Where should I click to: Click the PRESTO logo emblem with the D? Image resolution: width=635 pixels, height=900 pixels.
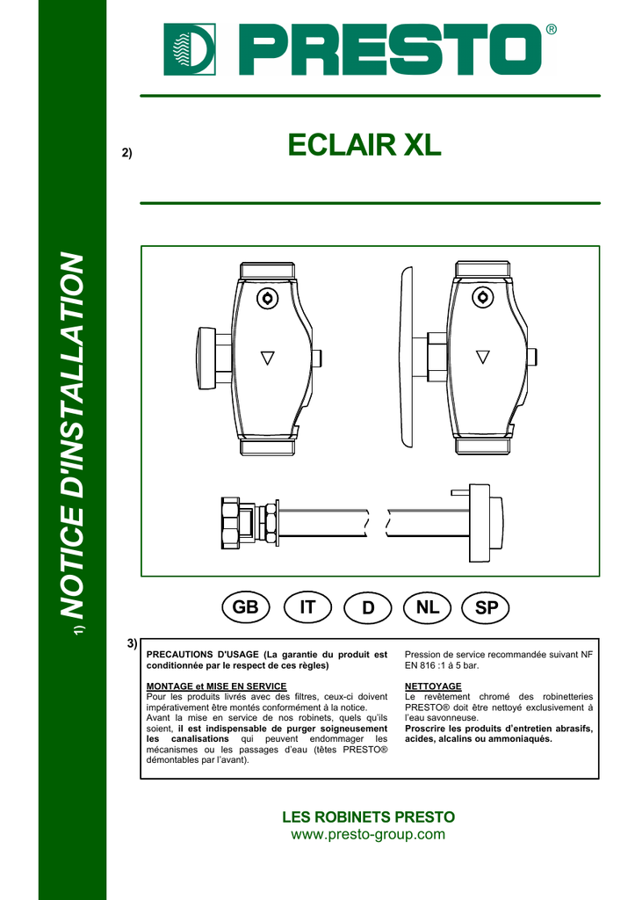(190, 49)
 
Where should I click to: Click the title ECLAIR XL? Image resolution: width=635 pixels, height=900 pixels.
(364, 145)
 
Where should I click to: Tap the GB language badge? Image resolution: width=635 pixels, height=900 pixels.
(246, 607)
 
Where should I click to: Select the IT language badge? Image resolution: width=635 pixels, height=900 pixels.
(307, 607)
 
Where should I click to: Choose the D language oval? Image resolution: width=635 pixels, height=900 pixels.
(368, 607)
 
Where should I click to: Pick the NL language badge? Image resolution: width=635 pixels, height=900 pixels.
(428, 607)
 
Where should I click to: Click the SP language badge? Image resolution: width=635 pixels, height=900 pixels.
(486, 607)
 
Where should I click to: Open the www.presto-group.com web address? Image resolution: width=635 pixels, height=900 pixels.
(368, 834)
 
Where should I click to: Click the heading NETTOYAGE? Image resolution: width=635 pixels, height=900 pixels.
(433, 686)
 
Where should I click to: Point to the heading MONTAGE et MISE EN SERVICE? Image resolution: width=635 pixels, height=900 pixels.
(216, 686)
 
